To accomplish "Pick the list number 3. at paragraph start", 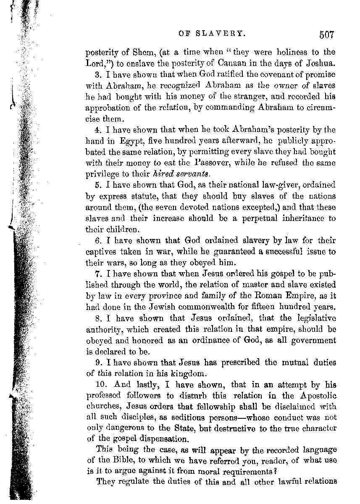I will point(100,74).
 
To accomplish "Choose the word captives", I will point(102,252).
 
